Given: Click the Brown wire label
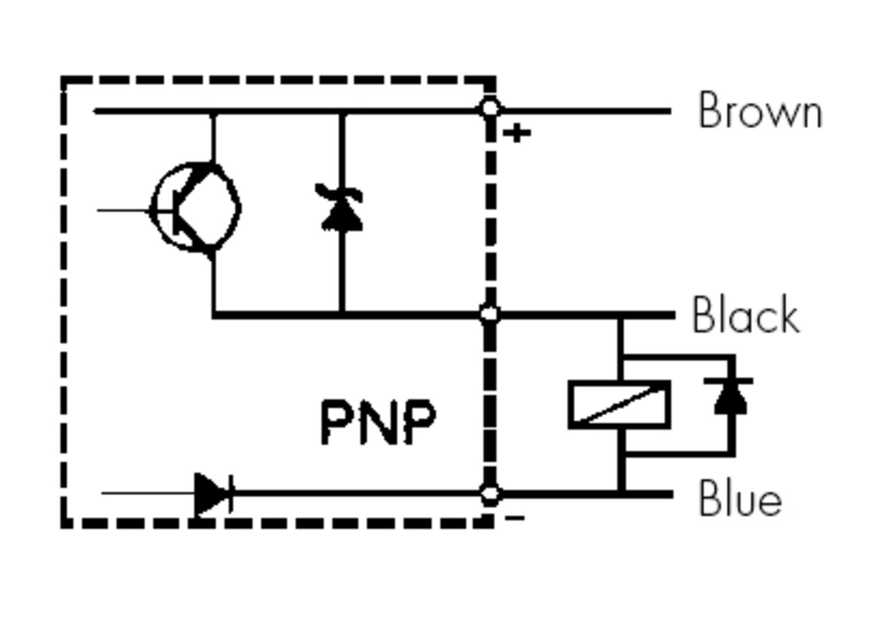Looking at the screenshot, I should click(x=760, y=110).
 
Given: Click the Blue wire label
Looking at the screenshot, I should click(x=740, y=498).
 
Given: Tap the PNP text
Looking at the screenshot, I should click(x=378, y=422).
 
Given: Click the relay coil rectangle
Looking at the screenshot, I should click(x=620, y=405).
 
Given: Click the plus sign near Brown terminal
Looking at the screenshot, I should click(x=517, y=134).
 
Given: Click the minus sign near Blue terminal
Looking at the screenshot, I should click(x=515, y=518).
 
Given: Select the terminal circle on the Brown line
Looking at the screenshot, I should click(x=490, y=109).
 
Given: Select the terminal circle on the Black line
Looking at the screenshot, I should click(x=490, y=314).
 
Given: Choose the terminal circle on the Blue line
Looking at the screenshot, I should click(x=490, y=494).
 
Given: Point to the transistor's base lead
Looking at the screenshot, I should click(x=125, y=210).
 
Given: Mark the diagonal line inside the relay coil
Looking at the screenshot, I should click(x=620, y=405).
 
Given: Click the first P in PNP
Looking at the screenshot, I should click(x=335, y=422).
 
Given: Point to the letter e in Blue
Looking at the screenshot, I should click(x=769, y=503).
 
